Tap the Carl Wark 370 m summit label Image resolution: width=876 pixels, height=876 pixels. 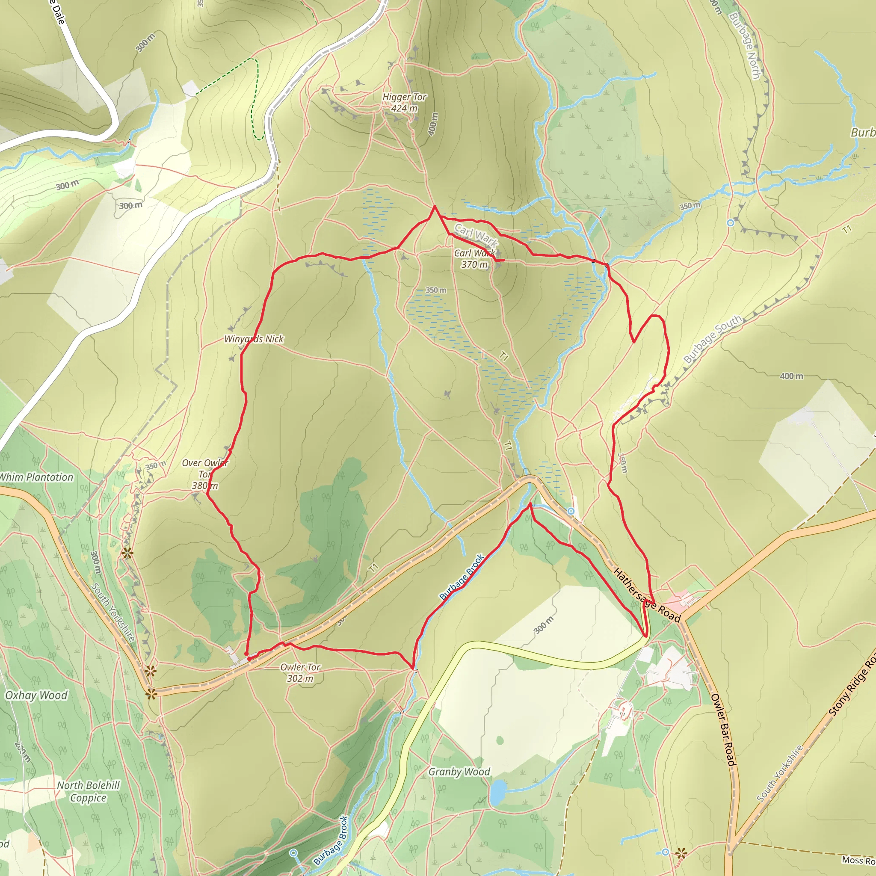click(474, 259)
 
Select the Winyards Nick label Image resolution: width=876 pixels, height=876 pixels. click(254, 339)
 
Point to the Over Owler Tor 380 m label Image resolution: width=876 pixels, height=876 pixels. click(205, 474)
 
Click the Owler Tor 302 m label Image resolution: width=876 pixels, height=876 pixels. click(300, 673)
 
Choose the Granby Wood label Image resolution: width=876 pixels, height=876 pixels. click(459, 772)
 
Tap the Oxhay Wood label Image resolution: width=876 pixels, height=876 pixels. click(36, 695)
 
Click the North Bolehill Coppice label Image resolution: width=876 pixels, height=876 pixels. click(89, 792)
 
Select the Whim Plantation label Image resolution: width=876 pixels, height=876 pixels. click(36, 477)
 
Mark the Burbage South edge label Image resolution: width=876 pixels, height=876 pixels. click(712, 339)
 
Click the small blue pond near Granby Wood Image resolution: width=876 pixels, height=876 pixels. click(497, 792)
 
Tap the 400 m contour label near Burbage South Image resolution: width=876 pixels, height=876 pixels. click(792, 376)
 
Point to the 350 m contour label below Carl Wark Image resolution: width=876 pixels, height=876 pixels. click(436, 290)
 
